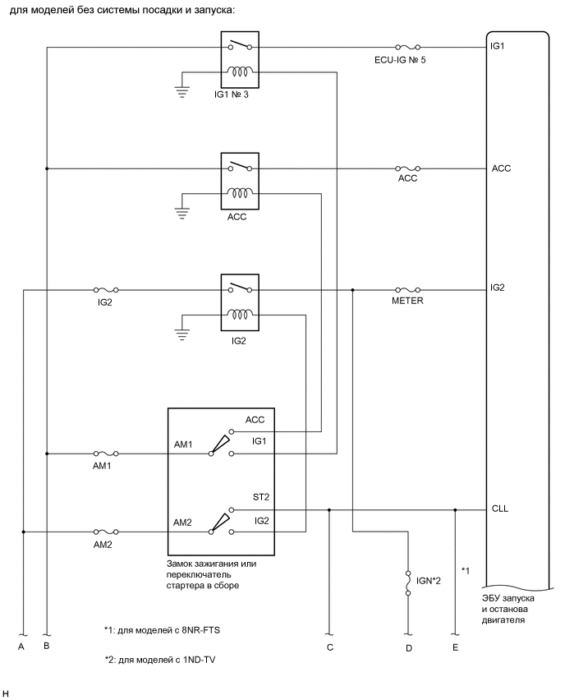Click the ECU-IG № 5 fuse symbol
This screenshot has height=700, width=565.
pyautogui.click(x=407, y=48)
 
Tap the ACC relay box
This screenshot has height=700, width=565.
pyautogui.click(x=240, y=182)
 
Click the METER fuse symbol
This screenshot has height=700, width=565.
pyautogui.click(x=407, y=289)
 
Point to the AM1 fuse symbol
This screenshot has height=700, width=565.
pyautogui.click(x=107, y=453)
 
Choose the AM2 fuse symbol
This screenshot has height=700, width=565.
pyautogui.click(x=107, y=532)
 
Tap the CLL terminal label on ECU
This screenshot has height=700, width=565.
pyautogui.click(x=499, y=509)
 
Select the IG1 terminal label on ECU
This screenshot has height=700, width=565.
pyautogui.click(x=497, y=47)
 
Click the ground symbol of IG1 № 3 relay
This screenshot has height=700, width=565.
pyautogui.click(x=181, y=91)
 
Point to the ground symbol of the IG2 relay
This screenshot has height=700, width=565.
pyautogui.click(x=181, y=333)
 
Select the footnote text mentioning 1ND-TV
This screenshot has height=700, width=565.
pyautogui.click(x=161, y=659)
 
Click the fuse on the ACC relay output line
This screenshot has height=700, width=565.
pyautogui.click(x=407, y=168)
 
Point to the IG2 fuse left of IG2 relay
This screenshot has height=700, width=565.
pyautogui.click(x=107, y=289)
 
